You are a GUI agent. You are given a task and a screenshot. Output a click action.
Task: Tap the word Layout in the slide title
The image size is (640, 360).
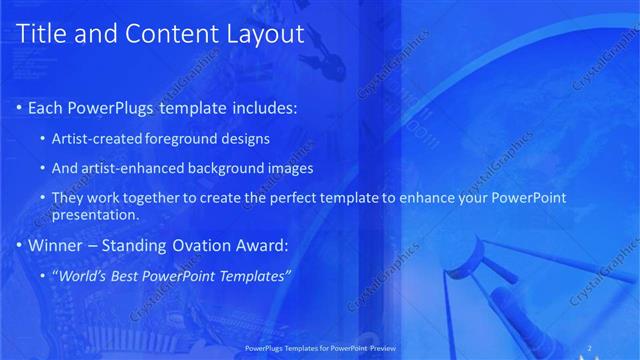pos(259,34)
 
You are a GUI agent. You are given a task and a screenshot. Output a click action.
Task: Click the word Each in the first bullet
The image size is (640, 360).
pos(47,107)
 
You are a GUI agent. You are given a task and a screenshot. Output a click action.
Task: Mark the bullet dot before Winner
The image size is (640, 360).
pos(20,245)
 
